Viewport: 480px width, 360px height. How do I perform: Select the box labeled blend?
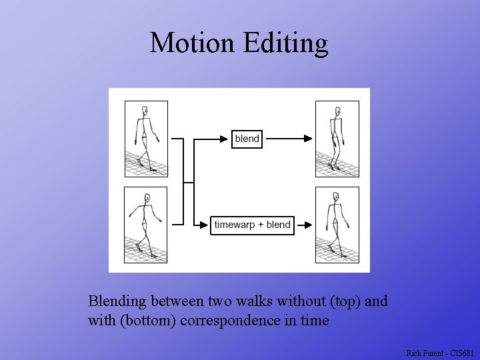(247, 139)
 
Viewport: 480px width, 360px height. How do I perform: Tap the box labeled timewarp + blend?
(252, 225)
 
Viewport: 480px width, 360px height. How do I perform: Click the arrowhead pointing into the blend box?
(225, 139)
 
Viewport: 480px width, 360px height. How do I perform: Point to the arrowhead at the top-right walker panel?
(307, 139)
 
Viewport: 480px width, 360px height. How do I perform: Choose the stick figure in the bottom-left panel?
(146, 223)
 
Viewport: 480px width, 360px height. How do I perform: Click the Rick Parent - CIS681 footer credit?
(440, 353)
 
